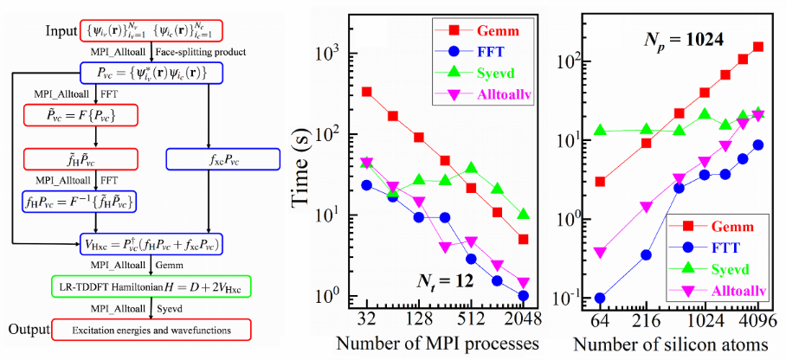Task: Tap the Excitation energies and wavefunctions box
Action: pyautogui.click(x=150, y=331)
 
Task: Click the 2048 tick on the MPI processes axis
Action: pyautogui.click(x=525, y=318)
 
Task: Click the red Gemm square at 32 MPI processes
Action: pyautogui.click(x=366, y=92)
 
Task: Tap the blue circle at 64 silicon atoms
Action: pyautogui.click(x=600, y=298)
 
